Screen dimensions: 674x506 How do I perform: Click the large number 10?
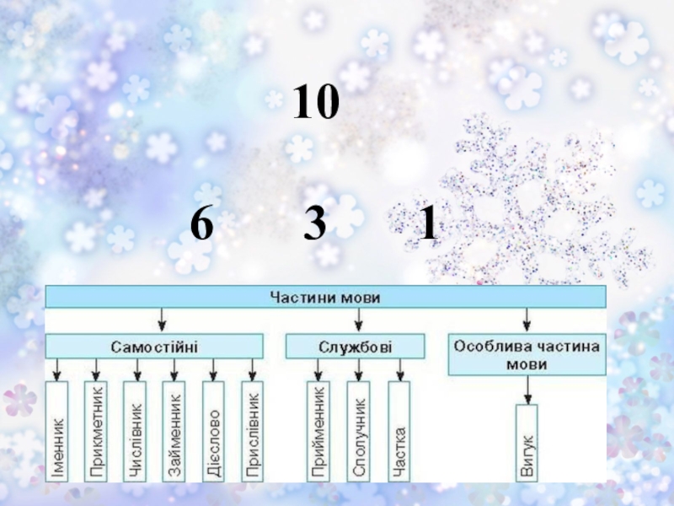pyautogui.click(x=316, y=102)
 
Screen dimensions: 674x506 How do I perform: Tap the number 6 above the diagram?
pyautogui.click(x=201, y=223)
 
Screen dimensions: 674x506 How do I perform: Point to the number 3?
pyautogui.click(x=314, y=223)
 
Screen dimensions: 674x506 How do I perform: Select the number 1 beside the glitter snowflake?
pyautogui.click(x=428, y=223)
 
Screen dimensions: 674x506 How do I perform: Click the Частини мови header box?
pyautogui.click(x=325, y=297)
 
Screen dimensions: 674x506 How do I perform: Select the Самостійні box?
pyautogui.click(x=154, y=347)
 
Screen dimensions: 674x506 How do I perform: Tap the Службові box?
pyautogui.click(x=355, y=347)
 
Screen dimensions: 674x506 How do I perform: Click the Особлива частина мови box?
pyautogui.click(x=527, y=354)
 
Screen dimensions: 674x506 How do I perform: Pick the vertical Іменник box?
pyautogui.click(x=56, y=431)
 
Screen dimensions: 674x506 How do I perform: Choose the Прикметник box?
pyautogui.click(x=96, y=431)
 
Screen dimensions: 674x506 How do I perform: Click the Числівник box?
pyautogui.click(x=135, y=431)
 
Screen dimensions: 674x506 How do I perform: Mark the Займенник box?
pyautogui.click(x=174, y=431)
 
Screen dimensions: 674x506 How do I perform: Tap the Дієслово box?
pyautogui.click(x=213, y=431)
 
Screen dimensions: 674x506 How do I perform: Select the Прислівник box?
pyautogui.click(x=252, y=431)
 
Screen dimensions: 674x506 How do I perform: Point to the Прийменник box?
pyautogui.click(x=318, y=431)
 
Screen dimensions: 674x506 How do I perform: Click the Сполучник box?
pyautogui.click(x=359, y=431)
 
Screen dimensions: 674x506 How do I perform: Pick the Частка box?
pyautogui.click(x=399, y=431)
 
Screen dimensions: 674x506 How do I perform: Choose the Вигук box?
pyautogui.click(x=527, y=443)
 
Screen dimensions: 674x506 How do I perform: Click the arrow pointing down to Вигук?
pyautogui.click(x=528, y=390)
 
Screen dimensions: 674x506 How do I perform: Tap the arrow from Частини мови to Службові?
pyautogui.click(x=359, y=320)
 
